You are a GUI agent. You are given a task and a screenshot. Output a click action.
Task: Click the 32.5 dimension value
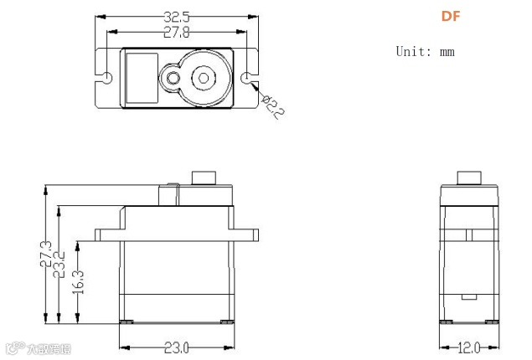(175, 17)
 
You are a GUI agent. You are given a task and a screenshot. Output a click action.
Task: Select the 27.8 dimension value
(175, 33)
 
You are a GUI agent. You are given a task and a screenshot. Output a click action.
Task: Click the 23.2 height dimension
(60, 263)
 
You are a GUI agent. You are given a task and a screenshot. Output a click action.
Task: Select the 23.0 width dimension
(176, 347)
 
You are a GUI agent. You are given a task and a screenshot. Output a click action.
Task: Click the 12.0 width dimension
(469, 347)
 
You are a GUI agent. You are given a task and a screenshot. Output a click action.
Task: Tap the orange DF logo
(451, 17)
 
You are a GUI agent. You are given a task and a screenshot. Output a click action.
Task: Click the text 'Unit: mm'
(425, 51)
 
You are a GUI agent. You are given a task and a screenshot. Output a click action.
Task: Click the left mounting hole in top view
(107, 78)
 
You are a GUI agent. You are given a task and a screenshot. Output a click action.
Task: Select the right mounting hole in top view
(249, 78)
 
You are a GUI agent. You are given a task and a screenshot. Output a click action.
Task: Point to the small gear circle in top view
(173, 79)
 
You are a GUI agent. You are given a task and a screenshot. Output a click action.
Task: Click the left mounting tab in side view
(107, 234)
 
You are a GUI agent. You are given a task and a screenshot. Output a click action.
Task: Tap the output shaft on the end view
(469, 177)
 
